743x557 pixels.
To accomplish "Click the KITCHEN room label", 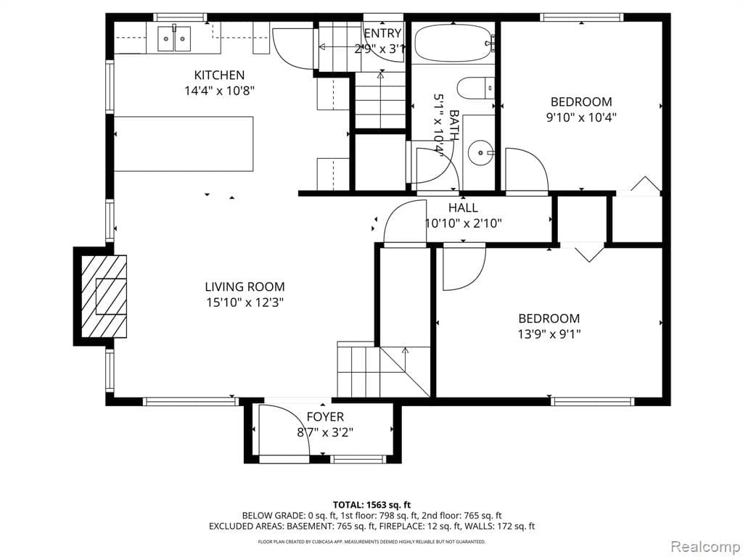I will pyautogui.click(x=219, y=75).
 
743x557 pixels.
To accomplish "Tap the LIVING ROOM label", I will pyautogui.click(x=245, y=286).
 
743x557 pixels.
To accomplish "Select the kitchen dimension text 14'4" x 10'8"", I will pyautogui.click(x=219, y=91).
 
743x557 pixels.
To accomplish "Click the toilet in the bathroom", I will pyautogui.click(x=475, y=88).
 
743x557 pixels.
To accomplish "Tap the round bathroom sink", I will pyautogui.click(x=479, y=153).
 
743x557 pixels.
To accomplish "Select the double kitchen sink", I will pyautogui.click(x=173, y=38).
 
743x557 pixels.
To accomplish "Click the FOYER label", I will pyautogui.click(x=325, y=417).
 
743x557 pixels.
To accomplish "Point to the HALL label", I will pyautogui.click(x=463, y=208).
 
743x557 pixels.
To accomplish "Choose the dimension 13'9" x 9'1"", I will pyautogui.click(x=549, y=334).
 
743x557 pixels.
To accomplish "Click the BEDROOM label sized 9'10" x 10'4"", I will pyautogui.click(x=580, y=102).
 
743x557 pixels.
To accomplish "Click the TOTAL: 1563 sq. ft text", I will pyautogui.click(x=371, y=505).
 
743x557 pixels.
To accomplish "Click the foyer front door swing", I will pyautogui.click(x=284, y=432).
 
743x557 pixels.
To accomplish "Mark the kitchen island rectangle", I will pyautogui.click(x=184, y=144).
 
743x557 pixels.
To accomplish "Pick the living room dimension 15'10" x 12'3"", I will pyautogui.click(x=245, y=302).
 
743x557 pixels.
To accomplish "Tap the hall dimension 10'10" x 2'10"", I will pyautogui.click(x=463, y=223).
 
